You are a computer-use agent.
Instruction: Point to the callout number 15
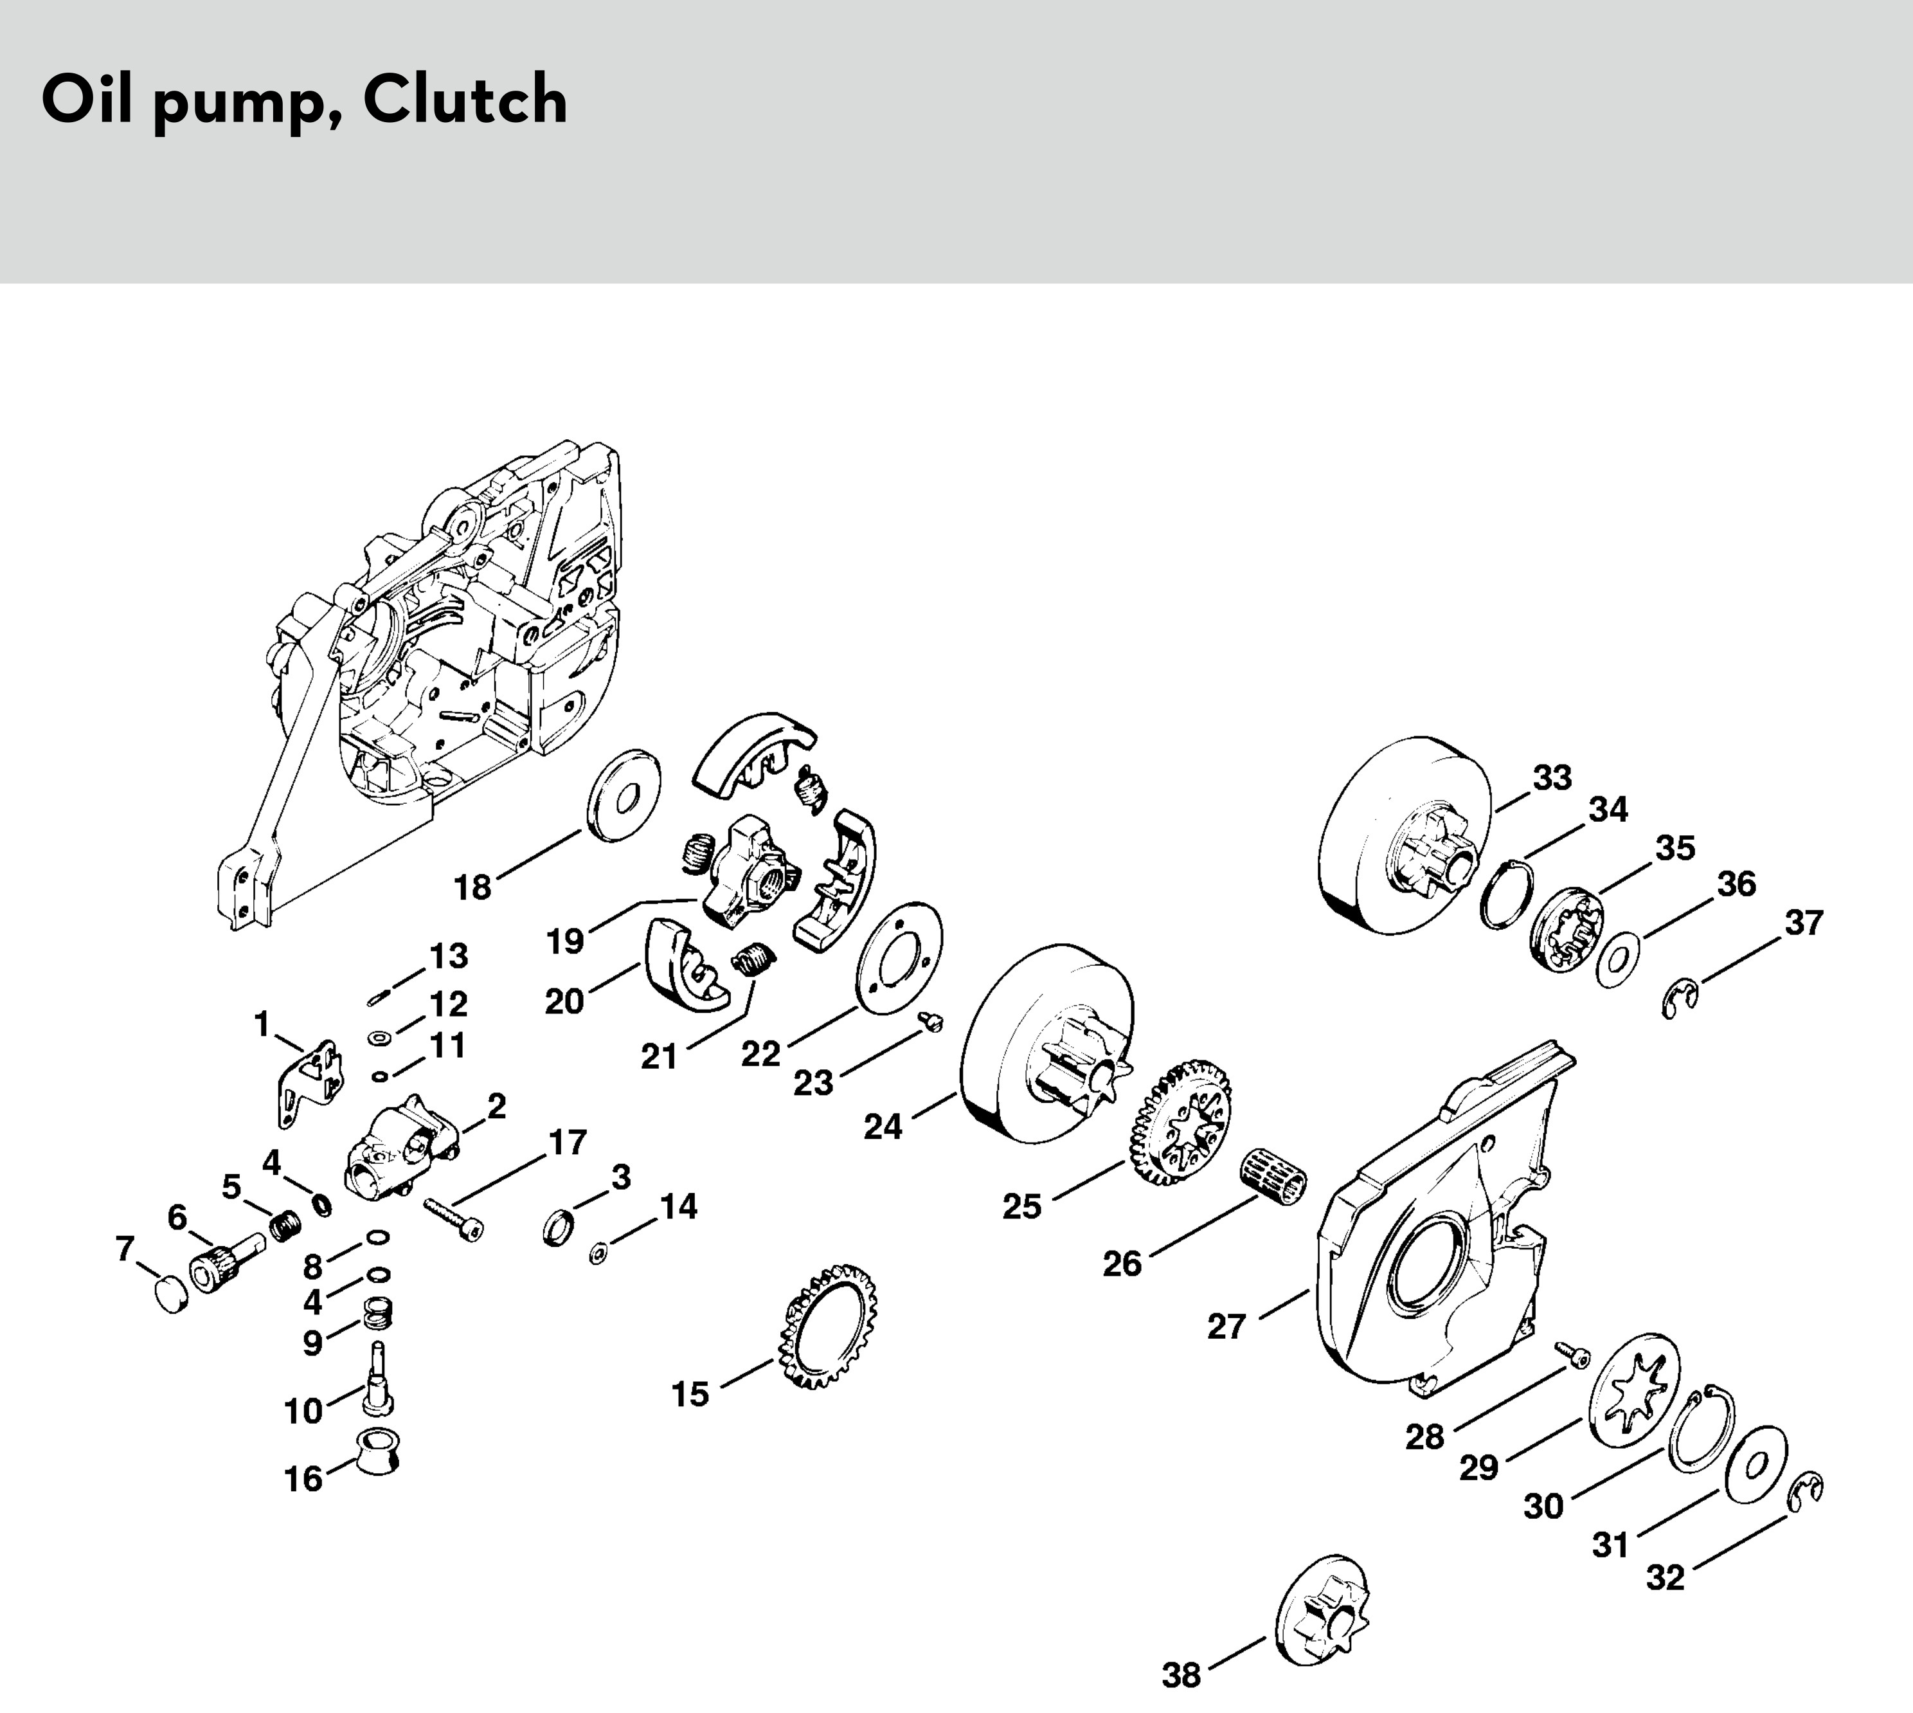pyautogui.click(x=689, y=1394)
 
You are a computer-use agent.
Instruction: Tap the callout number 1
pyautogui.click(x=262, y=1022)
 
